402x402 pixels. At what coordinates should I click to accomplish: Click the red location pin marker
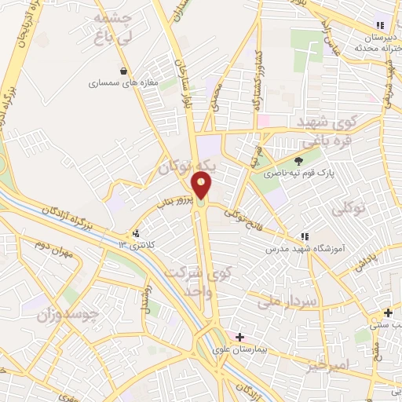pos(202,187)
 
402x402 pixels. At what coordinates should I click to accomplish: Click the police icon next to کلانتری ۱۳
pos(136,233)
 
